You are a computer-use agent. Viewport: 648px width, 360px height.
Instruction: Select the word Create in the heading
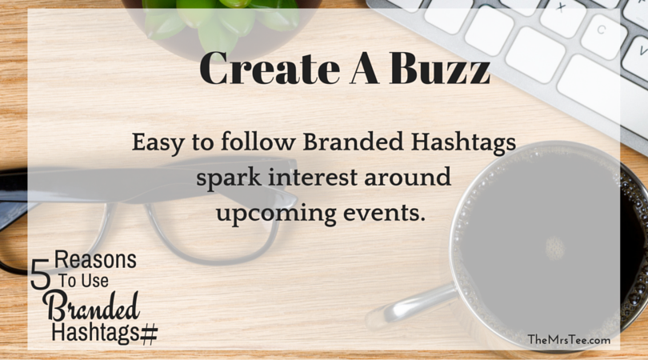pyautogui.click(x=269, y=69)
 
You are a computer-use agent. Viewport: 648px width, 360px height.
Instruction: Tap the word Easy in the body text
pyautogui.click(x=158, y=143)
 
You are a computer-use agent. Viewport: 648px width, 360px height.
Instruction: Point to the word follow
pyautogui.click(x=258, y=142)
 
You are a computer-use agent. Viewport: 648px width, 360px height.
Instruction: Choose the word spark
pyautogui.click(x=228, y=178)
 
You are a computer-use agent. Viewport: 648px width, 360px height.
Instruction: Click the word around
pyautogui.click(x=407, y=177)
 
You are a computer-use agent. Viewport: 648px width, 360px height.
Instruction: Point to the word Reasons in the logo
pyautogui.click(x=95, y=259)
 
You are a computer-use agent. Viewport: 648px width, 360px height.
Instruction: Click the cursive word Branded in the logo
pyautogui.click(x=92, y=306)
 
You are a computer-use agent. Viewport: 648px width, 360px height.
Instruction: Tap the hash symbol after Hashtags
pyautogui.click(x=149, y=334)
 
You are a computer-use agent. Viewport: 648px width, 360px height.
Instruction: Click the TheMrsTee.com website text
pyautogui.click(x=569, y=340)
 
